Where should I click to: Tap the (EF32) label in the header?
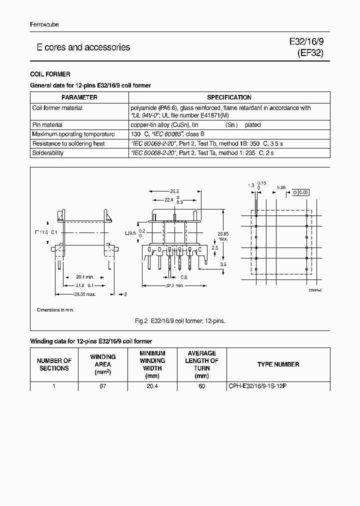click(310, 53)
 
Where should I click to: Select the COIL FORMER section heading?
click(50, 74)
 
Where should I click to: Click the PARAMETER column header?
click(79, 97)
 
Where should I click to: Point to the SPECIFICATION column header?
click(229, 97)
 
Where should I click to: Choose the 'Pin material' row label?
click(47, 125)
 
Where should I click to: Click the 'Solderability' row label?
click(48, 153)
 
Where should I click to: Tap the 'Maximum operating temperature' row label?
click(73, 134)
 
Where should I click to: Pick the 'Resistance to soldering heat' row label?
click(68, 143)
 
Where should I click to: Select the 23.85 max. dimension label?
click(223, 236)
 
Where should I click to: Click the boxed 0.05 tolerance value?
click(303, 192)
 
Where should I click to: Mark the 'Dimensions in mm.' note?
click(55, 310)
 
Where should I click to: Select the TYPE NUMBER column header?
click(278, 364)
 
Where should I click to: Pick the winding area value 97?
click(103, 386)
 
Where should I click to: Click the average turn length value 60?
click(201, 386)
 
